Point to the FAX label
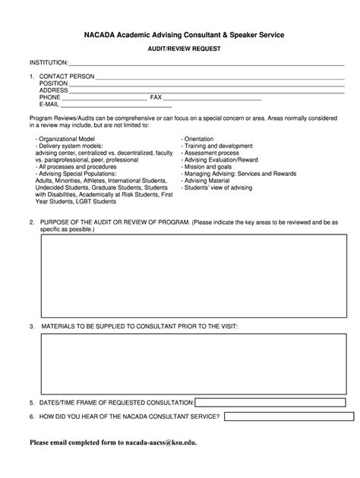[x=156, y=98]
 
